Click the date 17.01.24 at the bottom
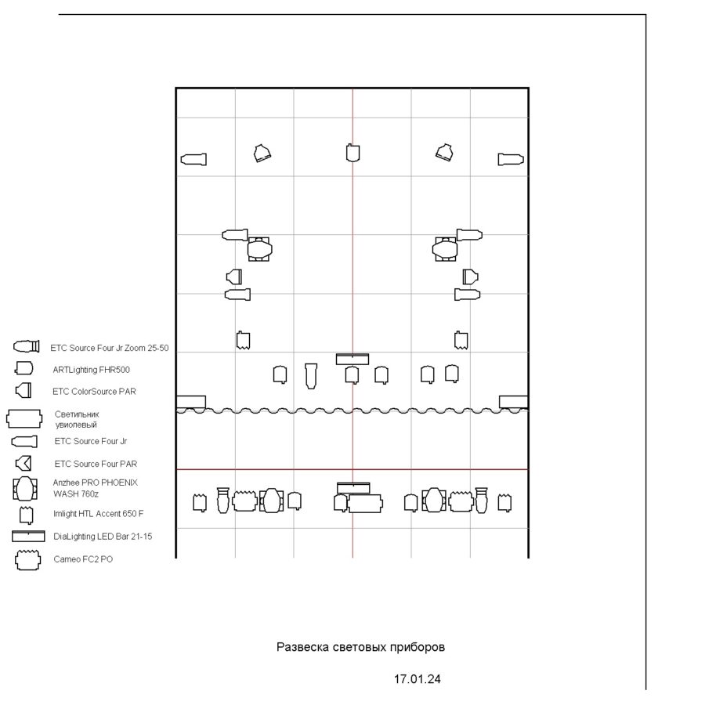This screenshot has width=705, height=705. point(418,679)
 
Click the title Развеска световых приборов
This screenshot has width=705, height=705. point(360,648)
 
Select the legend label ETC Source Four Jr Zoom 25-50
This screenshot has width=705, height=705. point(109,348)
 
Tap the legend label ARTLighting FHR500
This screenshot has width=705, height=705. point(92,370)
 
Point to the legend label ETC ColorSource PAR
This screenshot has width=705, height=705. point(94,392)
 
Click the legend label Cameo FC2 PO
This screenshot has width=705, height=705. point(83,559)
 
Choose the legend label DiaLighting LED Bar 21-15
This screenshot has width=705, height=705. point(103,537)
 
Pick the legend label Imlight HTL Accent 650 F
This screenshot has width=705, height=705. point(98,513)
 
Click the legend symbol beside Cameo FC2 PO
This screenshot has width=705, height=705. point(28,560)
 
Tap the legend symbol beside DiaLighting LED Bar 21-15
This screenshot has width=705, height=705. point(28,536)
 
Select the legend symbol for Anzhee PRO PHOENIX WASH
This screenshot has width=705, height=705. point(25,489)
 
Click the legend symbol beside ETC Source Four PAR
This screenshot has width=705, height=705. point(23,464)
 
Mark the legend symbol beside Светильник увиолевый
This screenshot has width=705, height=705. point(24,418)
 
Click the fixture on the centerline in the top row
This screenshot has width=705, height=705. point(353,153)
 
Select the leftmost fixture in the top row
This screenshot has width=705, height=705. point(193,160)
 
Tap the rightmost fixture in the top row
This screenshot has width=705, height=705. point(511,160)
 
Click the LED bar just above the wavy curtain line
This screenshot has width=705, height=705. point(352,360)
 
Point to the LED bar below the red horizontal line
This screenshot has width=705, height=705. point(353,488)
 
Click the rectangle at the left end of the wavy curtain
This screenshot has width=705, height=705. point(191,402)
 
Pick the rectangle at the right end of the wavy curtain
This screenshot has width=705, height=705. point(513,402)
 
